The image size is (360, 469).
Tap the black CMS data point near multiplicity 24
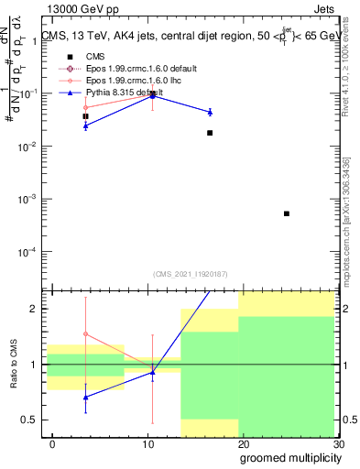pyautogui.click(x=287, y=213)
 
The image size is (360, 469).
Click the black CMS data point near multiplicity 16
pyautogui.click(x=210, y=133)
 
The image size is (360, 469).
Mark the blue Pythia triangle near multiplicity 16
pyautogui.click(x=210, y=112)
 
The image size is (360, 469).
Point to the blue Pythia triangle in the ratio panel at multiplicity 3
pyautogui.click(x=85, y=397)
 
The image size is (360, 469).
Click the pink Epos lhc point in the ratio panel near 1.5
pyautogui.click(x=85, y=334)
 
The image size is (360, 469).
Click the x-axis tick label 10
pyautogui.click(x=148, y=444)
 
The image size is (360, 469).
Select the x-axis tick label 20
pyautogui.click(x=245, y=444)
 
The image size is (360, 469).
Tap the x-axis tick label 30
pyautogui.click(x=339, y=444)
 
